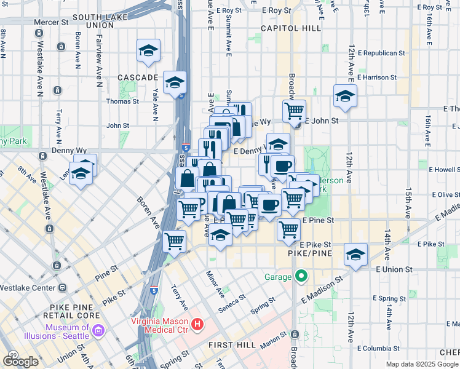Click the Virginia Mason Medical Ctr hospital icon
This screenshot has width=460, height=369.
[197, 323]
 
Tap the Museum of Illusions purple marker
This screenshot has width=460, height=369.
[98, 331]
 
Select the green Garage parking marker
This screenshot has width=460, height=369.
[301, 276]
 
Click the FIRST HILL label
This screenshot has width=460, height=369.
[231, 344]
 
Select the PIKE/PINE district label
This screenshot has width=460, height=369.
[310, 253]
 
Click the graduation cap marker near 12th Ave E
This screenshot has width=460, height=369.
[345, 96]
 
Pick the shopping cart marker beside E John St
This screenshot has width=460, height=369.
[295, 111]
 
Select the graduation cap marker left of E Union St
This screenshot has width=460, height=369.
[355, 253]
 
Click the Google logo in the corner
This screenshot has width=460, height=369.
[20, 361]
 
